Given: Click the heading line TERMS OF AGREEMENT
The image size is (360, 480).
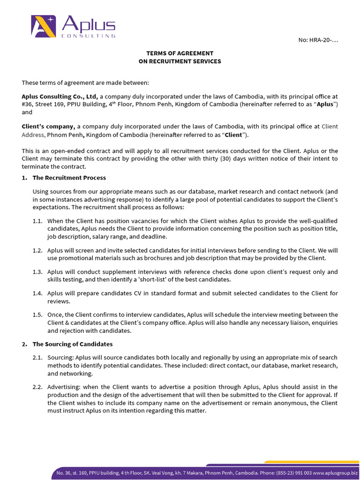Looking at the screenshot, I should (x=180, y=53).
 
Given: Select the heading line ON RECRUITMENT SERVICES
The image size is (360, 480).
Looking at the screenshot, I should (x=180, y=61).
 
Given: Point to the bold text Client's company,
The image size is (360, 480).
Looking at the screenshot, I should (x=48, y=127).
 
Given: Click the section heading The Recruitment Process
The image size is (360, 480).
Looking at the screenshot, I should (x=69, y=178).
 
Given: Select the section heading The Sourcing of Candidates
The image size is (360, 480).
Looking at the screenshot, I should (x=72, y=344).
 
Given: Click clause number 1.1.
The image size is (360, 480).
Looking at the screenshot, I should (x=38, y=221).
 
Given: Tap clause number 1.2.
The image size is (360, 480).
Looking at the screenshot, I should (x=38, y=251).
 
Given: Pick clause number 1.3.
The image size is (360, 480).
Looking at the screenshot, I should (x=38, y=272).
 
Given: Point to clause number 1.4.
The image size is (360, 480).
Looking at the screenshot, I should (x=38, y=293).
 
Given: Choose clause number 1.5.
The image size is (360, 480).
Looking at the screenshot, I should (x=38, y=315).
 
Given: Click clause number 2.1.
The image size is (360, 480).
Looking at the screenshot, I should (x=38, y=357).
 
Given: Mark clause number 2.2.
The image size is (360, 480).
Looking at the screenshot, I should (x=38, y=387).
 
